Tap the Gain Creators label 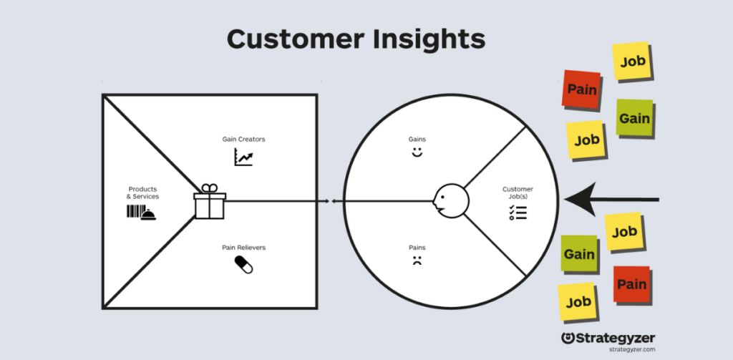tap(244, 139)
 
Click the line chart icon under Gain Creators tap(243, 157)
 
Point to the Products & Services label tap(143, 193)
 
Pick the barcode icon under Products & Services tap(133, 212)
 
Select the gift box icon tap(210, 203)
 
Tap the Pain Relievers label tap(243, 248)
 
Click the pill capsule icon tap(243, 265)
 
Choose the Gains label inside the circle tap(417, 138)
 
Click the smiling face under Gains tap(417, 153)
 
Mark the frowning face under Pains tap(416, 261)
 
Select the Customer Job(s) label tap(518, 193)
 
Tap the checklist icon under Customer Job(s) tap(518, 213)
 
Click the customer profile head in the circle tap(450, 200)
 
